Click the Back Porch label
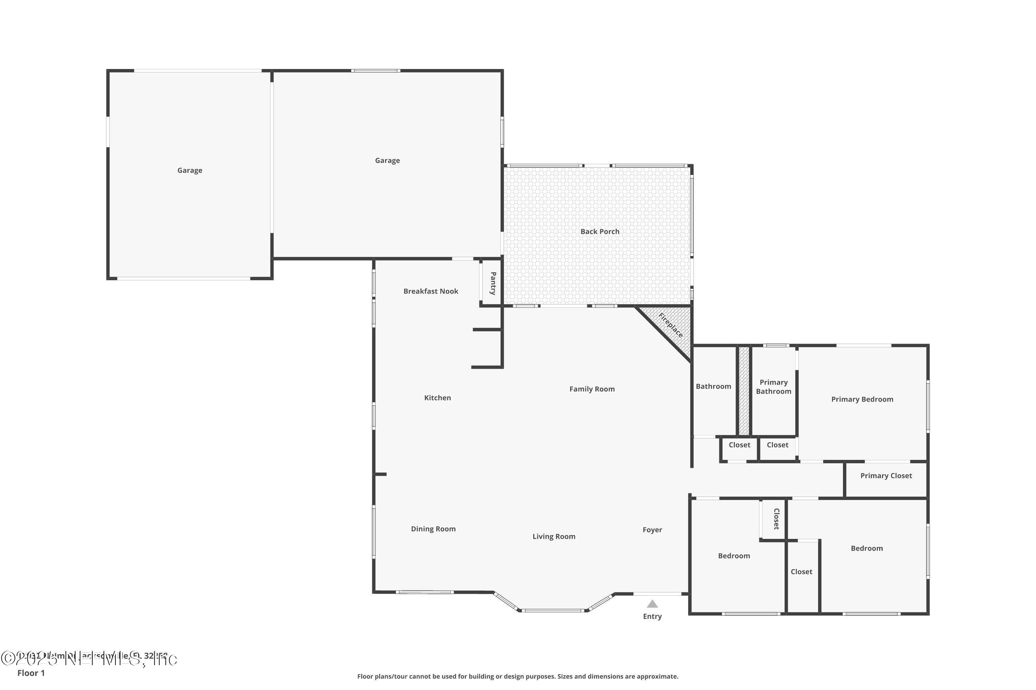tap(599, 231)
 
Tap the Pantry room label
tap(493, 283)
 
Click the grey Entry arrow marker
tap(652, 604)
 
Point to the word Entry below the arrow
tap(652, 616)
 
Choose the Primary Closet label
tap(886, 476)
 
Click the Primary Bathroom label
tap(774, 387)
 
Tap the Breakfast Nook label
tap(431, 291)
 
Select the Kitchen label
tap(438, 398)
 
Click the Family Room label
tap(592, 389)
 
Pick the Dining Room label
tap(433, 529)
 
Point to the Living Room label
tap(554, 536)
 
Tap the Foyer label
tap(652, 530)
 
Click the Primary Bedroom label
tap(862, 399)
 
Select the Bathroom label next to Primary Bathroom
tap(713, 386)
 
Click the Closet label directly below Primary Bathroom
tap(777, 445)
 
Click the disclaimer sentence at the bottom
tap(518, 676)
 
